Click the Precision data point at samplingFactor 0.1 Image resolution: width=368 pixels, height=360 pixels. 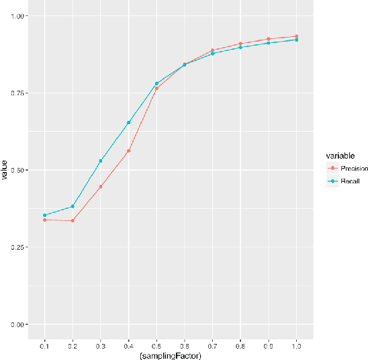(44, 220)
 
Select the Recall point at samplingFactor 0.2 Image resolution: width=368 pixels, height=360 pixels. (73, 206)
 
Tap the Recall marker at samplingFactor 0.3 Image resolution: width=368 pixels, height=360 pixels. (101, 161)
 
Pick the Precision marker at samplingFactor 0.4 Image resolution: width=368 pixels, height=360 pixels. (128, 150)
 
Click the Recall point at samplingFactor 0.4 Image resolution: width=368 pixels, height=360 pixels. (128, 122)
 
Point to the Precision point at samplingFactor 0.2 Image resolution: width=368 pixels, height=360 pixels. (73, 220)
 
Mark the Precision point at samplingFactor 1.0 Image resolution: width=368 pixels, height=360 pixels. (296, 36)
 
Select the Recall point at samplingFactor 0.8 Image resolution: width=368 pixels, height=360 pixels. (240, 47)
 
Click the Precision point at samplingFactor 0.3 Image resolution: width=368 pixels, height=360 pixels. (101, 186)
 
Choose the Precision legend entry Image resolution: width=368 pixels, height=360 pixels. (349, 169)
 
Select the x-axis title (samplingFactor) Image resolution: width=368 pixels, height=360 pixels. (171, 355)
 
